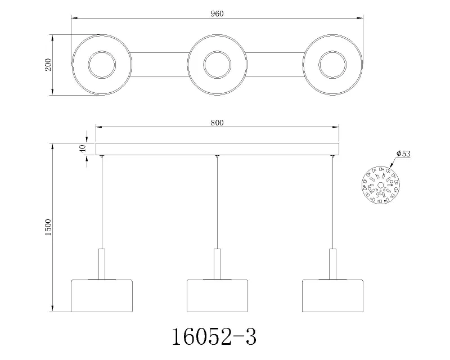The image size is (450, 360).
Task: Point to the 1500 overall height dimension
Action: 48,228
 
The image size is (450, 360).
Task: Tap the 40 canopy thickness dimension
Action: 82,149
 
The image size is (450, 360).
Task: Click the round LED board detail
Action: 380,184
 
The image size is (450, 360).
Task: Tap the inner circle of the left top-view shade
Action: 102,64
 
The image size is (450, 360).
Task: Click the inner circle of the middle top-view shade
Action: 217,64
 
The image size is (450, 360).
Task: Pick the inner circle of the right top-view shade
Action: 332,64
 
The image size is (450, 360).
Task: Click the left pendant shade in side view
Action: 102,295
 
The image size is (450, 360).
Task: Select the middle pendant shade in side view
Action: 217,295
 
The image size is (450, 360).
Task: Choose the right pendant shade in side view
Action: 332,295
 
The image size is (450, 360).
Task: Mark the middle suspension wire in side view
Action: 217,202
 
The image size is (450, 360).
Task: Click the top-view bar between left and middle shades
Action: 159,64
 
